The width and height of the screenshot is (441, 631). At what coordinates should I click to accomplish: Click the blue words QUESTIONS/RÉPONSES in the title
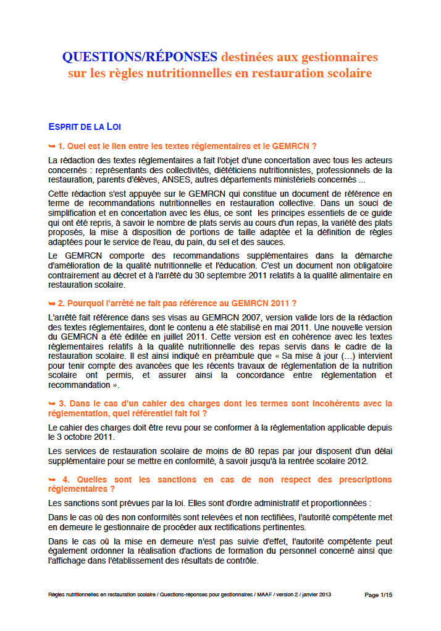140,57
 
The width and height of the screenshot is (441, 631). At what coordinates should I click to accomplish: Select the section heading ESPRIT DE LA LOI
85,127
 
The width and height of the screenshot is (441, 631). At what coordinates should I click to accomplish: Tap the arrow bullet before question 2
52,303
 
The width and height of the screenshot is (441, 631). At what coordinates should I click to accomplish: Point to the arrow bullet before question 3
52,403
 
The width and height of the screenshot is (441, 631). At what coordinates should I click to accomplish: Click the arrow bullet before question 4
52,479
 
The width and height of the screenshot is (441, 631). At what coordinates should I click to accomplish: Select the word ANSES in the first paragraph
189,180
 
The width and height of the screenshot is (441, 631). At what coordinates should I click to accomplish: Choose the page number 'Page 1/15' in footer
378,595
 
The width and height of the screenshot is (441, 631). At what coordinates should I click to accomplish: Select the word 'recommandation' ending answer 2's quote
77,385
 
